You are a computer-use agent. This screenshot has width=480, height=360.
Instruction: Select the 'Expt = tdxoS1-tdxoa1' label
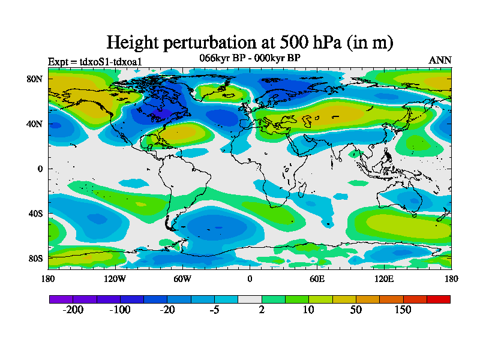pyautogui.click(x=94, y=61)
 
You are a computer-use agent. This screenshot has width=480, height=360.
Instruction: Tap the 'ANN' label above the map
pyautogui.click(x=440, y=60)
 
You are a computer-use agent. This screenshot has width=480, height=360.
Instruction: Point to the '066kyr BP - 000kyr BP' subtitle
pyautogui.click(x=250, y=58)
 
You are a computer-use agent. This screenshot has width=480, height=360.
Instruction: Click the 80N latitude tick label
pyautogui.click(x=36, y=79)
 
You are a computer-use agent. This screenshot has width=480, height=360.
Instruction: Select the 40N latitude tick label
pyautogui.click(x=36, y=124)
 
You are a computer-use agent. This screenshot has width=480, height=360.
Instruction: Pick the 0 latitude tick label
pyautogui.click(x=40, y=169)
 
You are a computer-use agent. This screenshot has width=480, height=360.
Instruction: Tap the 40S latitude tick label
pyautogui.click(x=36, y=214)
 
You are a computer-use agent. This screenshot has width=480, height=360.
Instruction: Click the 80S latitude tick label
pyautogui.click(x=36, y=259)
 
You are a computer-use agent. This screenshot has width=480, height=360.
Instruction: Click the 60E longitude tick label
pyautogui.click(x=317, y=278)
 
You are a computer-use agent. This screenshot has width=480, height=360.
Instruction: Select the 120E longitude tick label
pyautogui.click(x=384, y=278)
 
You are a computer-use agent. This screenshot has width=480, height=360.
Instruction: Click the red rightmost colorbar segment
pyautogui.click(x=438, y=299)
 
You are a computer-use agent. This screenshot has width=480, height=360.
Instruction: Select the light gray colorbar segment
pyautogui.click(x=250, y=299)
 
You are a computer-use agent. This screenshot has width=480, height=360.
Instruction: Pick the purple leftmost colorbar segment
pyautogui.click(x=61, y=299)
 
